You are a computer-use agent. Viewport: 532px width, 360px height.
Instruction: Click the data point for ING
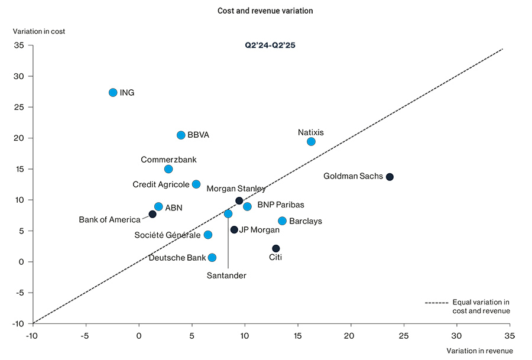pos(113,93)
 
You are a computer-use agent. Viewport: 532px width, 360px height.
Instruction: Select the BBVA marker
pos(181,135)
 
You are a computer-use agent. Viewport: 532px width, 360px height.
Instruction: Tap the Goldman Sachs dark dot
pos(390,177)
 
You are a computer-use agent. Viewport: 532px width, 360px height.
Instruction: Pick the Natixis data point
pos(311,142)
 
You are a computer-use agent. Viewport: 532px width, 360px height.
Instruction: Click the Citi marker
pos(275,248)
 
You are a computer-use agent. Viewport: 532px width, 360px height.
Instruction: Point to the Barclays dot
pos(282,221)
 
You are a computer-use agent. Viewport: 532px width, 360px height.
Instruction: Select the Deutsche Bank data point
pos(212,258)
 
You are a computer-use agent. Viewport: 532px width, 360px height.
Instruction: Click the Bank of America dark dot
pos(153,214)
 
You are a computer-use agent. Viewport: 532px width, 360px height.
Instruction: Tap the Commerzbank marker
pos(168,169)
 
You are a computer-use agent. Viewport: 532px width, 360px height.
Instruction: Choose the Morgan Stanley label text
pos(236,189)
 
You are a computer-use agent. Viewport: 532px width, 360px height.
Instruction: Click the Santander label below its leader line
pos(226,275)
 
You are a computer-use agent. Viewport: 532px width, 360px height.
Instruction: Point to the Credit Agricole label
pos(161,184)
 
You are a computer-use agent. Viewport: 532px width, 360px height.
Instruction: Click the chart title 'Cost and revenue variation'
pos(265,11)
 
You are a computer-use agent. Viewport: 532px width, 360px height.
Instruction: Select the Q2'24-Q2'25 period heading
pos(270,45)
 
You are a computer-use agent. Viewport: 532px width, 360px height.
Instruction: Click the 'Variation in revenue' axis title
pos(479,351)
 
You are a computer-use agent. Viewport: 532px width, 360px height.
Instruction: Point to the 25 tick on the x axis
pos(404,335)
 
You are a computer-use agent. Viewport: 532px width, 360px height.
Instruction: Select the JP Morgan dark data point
pos(234,230)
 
